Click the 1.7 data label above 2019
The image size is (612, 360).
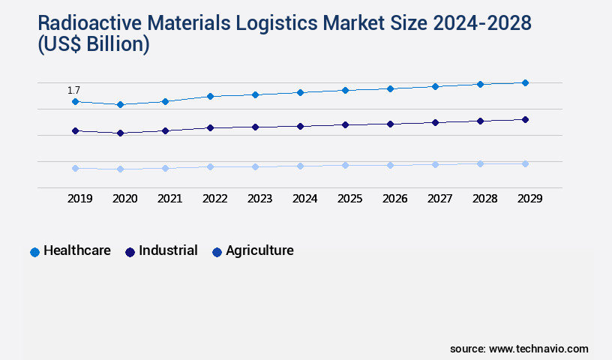[73, 90]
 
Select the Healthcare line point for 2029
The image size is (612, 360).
[525, 82]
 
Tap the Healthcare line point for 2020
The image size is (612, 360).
[120, 105]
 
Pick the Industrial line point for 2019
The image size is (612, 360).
[75, 131]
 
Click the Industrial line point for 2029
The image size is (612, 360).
[525, 119]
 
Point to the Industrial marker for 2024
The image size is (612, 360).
[300, 126]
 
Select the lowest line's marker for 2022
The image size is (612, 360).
[210, 166]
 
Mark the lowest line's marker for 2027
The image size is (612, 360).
[435, 164]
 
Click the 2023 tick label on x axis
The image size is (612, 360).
[259, 199]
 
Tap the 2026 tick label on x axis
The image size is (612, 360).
[394, 199]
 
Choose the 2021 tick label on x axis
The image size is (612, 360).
[169, 199]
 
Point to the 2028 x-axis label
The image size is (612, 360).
[484, 199]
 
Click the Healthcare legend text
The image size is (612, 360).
[77, 251]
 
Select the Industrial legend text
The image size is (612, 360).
[167, 251]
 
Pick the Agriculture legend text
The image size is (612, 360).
[259, 251]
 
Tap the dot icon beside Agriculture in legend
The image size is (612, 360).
[217, 252]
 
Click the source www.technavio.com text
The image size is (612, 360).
[519, 349]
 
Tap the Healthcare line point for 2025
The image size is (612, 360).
[345, 90]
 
